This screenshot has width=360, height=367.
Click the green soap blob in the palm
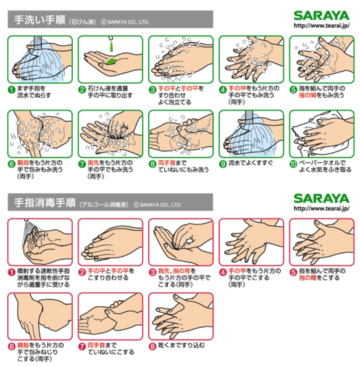pos(111,61)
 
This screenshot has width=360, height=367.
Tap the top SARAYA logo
pos(321,16)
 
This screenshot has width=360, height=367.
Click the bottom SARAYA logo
pos(321,199)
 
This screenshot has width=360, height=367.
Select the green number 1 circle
pos(11,89)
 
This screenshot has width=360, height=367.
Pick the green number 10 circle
pos(293,164)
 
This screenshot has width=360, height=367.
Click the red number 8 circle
pos(153,347)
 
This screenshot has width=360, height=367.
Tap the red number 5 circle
pos(293,272)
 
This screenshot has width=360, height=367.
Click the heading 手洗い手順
pos(40,20)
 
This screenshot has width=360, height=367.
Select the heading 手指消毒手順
pos(45,203)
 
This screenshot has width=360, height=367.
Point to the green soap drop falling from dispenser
pos(111,47)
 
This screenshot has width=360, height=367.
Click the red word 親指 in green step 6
pos(23,163)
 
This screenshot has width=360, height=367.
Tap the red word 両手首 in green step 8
pos(167,163)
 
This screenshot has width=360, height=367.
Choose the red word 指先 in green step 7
pos(93,163)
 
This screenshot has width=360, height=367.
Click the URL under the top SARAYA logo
pos(322,26)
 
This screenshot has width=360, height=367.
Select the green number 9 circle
pos(223,164)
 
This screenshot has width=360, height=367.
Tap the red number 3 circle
pos(153,272)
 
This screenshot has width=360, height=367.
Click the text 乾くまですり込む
pos(181,345)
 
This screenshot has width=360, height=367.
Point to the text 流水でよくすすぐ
pos(250,163)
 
